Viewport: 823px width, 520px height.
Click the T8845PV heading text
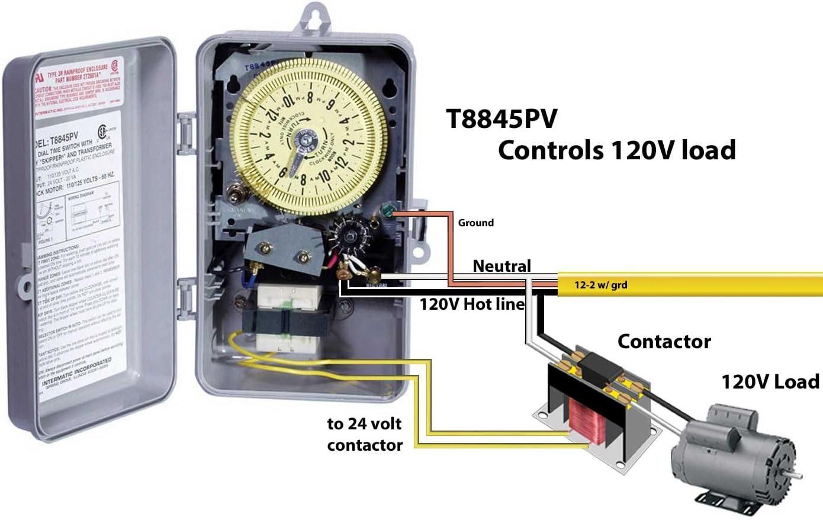501,118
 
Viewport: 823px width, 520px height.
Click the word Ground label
475,223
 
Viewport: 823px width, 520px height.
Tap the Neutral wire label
501,266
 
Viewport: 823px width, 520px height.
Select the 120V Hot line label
472,304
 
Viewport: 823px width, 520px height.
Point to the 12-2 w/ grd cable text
600,285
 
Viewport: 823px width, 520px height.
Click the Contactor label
664,341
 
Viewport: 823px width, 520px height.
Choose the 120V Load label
770,381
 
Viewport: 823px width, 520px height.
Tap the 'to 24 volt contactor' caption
365,434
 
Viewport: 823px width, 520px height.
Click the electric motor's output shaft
796,476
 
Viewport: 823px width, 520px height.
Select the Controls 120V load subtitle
616,150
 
